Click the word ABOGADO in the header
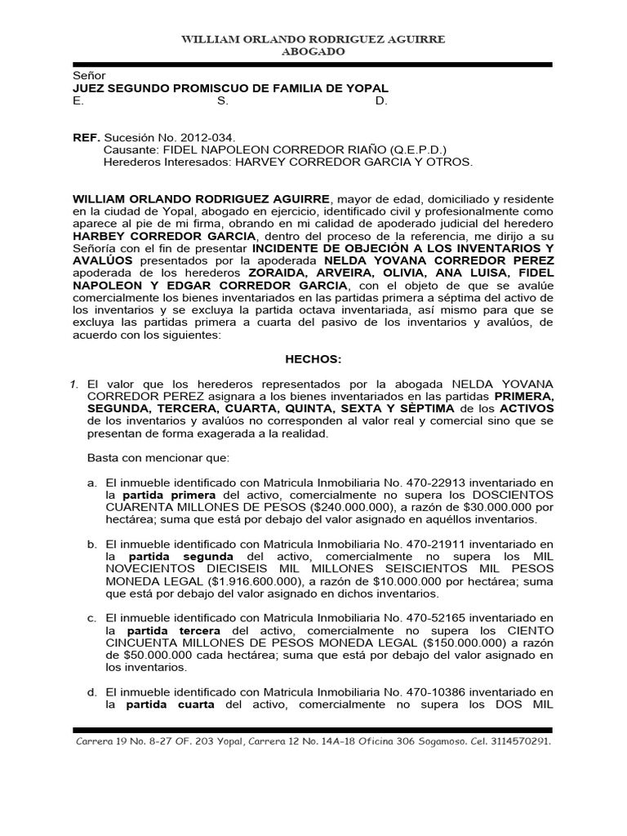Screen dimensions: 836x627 [313, 51]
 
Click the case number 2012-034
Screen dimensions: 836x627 [205, 138]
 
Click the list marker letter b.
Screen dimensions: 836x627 [92, 544]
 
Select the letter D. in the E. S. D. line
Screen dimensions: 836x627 [380, 100]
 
